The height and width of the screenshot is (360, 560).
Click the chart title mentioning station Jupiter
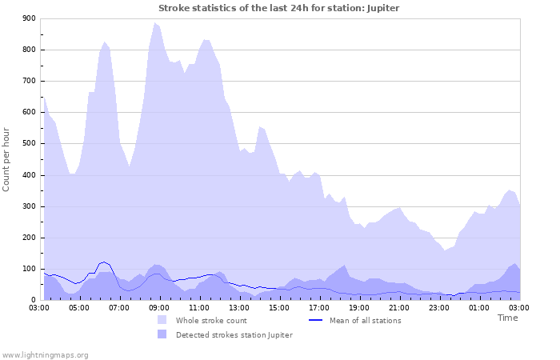(x=278, y=8)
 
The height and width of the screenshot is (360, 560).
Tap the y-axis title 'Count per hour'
(x=7, y=158)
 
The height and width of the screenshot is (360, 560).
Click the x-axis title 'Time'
(x=507, y=318)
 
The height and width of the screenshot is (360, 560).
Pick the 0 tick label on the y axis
(x=33, y=300)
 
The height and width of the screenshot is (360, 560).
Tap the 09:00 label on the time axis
(x=159, y=307)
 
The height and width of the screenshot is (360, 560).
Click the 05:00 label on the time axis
(x=79, y=307)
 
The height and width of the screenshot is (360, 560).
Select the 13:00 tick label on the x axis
(x=239, y=307)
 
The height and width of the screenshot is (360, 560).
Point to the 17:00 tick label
(x=319, y=307)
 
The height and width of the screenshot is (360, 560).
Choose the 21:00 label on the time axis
(x=399, y=307)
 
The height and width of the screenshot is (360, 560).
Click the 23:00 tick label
(x=439, y=307)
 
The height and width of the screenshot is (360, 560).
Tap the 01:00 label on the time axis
(x=479, y=307)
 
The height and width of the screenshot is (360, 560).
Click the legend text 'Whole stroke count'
(x=213, y=320)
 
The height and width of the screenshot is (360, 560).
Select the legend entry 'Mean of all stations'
(x=365, y=320)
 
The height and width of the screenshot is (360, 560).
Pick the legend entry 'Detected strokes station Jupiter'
(x=234, y=334)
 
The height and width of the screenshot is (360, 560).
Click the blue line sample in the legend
(x=315, y=320)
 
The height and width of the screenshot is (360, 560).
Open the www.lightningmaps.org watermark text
(x=45, y=354)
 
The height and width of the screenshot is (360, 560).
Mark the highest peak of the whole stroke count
(x=154, y=23)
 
